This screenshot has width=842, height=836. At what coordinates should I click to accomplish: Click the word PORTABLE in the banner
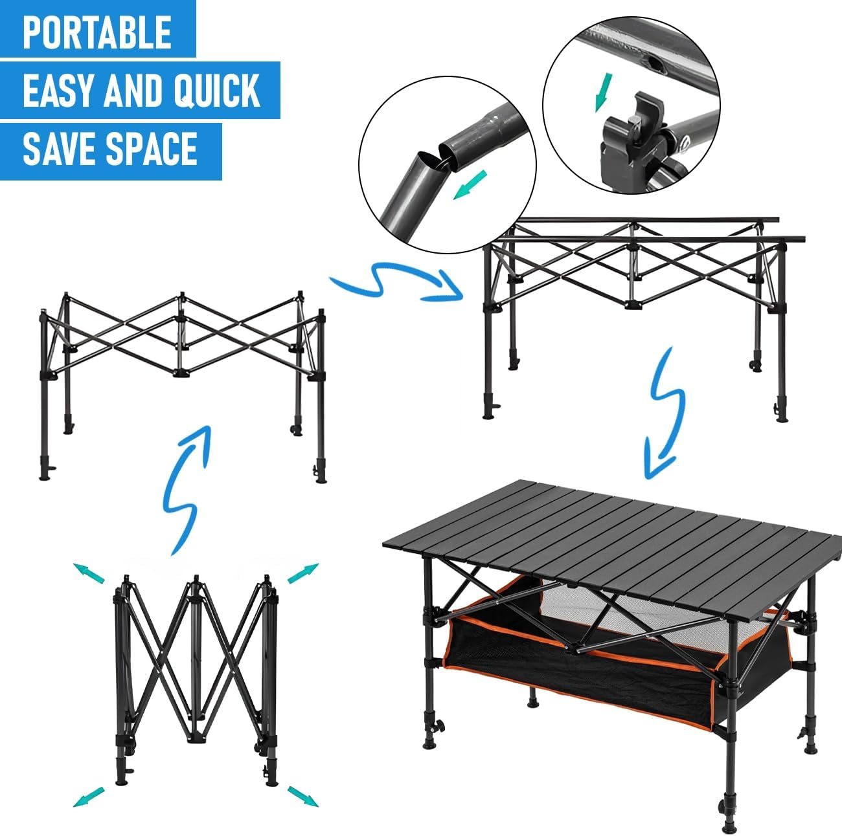point(97,32)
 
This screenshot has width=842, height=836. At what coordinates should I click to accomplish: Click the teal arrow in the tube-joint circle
point(470,184)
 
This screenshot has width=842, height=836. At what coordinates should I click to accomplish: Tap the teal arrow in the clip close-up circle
point(604,92)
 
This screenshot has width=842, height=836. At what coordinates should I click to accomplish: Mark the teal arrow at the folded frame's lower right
point(303,796)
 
